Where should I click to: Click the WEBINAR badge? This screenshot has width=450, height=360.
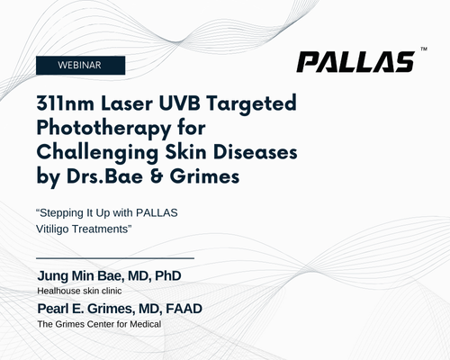coord(80,65)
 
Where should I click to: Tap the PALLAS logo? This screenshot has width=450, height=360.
coord(355,62)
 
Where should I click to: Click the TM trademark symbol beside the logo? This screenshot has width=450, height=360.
coord(424,49)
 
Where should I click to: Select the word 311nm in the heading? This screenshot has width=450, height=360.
coord(66,103)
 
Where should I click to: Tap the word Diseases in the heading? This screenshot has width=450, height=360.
coord(256,152)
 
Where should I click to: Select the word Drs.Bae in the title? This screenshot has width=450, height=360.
coord(104,176)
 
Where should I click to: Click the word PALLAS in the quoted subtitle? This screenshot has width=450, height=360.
coord(157,212)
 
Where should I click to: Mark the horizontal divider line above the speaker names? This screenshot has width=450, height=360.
coord(115,257)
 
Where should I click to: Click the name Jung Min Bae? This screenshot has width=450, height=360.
coord(79,276)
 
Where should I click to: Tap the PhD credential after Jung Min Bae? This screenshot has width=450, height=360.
coord(168,276)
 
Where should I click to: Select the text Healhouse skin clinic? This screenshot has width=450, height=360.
coord(79,291)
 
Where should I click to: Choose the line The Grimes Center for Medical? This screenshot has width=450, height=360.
coord(99,324)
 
